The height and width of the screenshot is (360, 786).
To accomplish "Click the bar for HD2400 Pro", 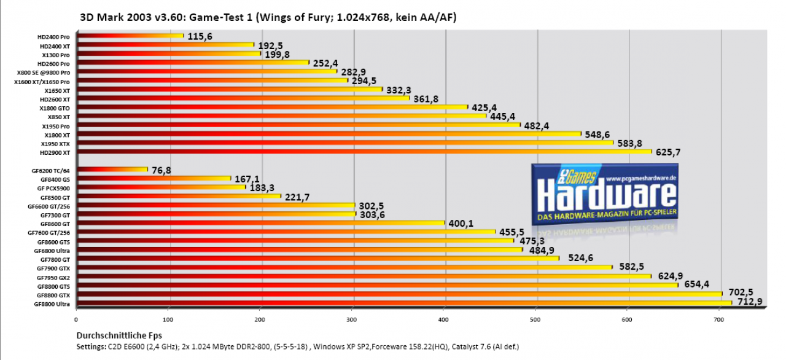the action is point(130,36).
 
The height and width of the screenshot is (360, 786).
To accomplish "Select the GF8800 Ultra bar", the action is point(404,303).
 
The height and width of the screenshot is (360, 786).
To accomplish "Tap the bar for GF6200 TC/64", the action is point(112,170).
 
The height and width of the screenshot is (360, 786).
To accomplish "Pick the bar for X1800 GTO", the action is point(272,107).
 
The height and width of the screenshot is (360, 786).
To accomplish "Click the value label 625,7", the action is point(668,152).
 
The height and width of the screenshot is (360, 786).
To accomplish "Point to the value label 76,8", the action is point(161,170).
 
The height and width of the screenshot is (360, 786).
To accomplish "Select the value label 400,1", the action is point(461,223).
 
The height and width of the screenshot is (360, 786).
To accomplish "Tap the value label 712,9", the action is point(750,302).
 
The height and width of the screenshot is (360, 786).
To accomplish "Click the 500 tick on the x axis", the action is point(535,319).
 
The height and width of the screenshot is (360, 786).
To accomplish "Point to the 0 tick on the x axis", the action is point(76,319).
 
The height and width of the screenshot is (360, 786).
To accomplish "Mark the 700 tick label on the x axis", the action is point(718,319).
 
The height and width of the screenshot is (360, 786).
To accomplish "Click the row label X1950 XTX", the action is point(55,144).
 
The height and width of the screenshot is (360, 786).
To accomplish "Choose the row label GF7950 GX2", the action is point(53,278).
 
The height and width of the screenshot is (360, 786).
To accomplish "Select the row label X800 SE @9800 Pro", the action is point(44,72).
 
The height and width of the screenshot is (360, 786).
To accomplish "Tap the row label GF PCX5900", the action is point(53,189).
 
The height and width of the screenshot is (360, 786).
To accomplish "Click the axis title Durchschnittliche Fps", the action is point(119,335).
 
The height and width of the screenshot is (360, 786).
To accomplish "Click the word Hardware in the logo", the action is point(606,196).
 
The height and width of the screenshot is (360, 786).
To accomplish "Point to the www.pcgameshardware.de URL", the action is point(640,179).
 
